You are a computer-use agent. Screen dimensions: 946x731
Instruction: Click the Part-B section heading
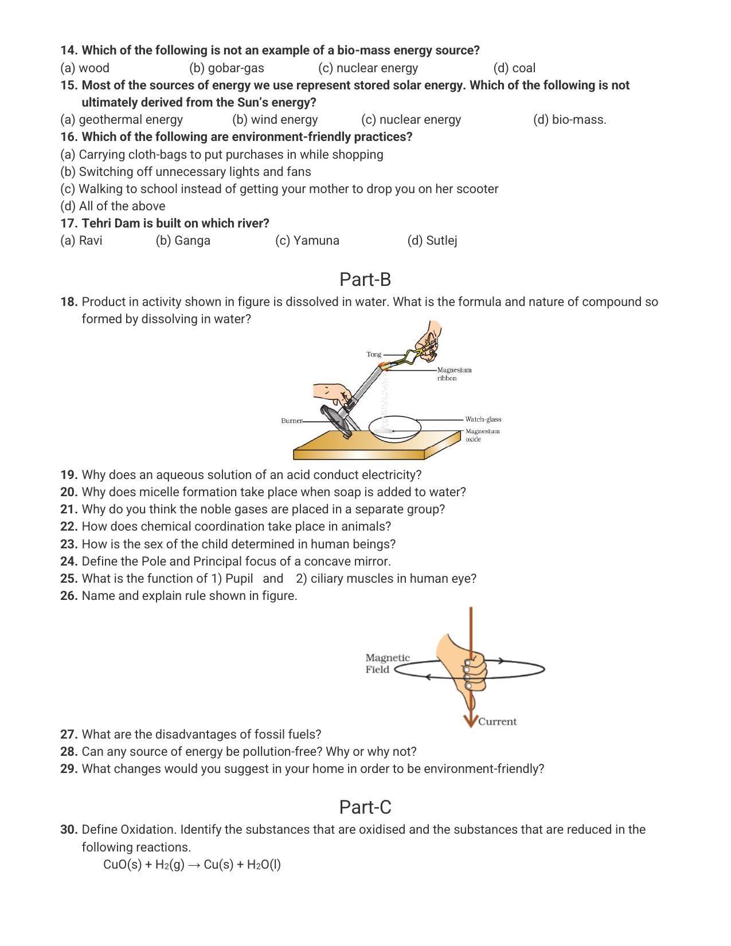[x=365, y=280]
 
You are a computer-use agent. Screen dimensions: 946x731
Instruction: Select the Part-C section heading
[x=365, y=807]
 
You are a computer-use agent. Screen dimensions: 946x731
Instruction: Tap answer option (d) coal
[x=514, y=68]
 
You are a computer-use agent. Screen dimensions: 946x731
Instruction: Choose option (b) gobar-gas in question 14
[x=226, y=68]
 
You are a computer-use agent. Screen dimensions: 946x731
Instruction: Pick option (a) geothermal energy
[x=122, y=120]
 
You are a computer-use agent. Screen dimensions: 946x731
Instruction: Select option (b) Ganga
[x=183, y=241]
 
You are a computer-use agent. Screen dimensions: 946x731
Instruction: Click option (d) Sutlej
[x=432, y=241]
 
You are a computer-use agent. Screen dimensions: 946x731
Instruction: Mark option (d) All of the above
[x=113, y=206]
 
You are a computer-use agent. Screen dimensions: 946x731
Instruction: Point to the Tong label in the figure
[x=374, y=355]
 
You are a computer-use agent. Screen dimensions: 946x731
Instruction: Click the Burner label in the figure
[x=291, y=421]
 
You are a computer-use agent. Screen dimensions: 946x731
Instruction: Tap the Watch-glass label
[x=483, y=419]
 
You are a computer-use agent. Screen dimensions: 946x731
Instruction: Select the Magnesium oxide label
[x=482, y=435]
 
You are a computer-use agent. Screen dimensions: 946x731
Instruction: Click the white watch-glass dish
[x=394, y=429]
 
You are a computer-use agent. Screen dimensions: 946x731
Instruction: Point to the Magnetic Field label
[x=387, y=664]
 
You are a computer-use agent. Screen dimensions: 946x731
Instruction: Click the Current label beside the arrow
[x=497, y=722]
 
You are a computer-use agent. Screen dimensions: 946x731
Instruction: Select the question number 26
[x=69, y=596]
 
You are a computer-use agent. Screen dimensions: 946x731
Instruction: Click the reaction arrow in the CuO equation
[x=194, y=865]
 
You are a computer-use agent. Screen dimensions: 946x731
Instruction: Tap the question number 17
[x=69, y=223]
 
